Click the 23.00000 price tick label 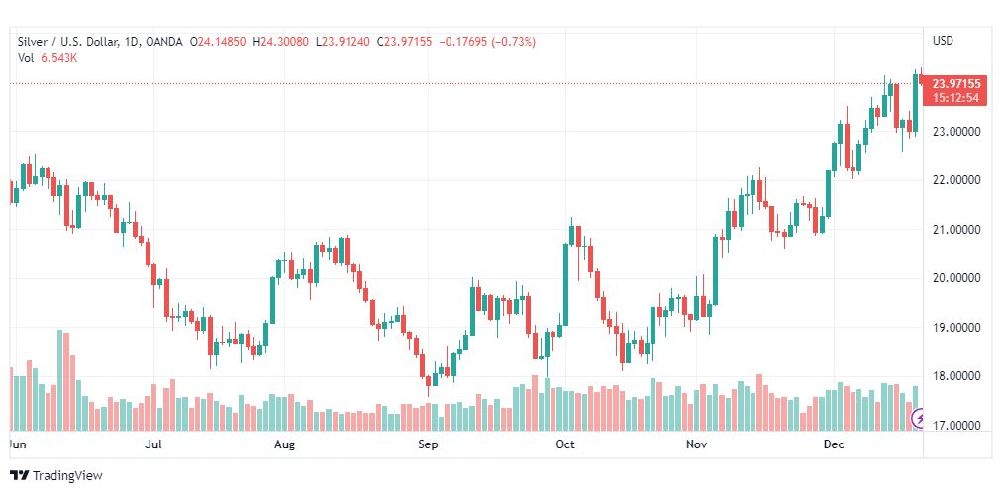pos(956,131)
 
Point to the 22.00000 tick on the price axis pos(956,180)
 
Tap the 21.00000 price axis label pos(956,229)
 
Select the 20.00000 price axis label pos(956,278)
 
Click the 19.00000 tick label pos(956,327)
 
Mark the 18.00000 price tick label pos(956,376)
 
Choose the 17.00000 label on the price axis pos(956,425)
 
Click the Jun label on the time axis pos(15,444)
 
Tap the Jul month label pos(153,444)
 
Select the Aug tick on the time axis pos(284,444)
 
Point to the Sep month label pos(428,444)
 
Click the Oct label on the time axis pos(565,444)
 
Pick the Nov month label pos(697,444)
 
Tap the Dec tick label pos(834,444)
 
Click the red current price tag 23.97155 pos(956,84)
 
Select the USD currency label pos(943,41)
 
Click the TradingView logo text pos(66,476)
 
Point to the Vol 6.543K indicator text pos(48,58)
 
